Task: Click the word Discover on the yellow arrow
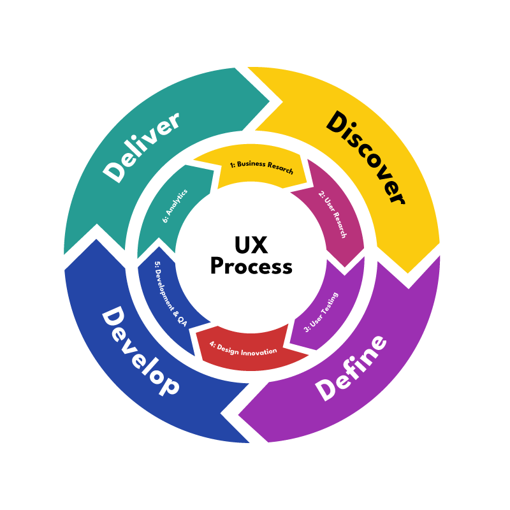pos(365,157)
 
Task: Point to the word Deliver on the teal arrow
pos(142,147)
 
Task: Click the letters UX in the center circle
pos(251,245)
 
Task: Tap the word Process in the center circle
pos(251,266)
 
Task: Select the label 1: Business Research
pos(261,167)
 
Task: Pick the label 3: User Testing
pos(321,312)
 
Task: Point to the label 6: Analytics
pos(175,205)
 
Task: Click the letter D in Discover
pos(335,121)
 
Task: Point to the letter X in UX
pos(262,245)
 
